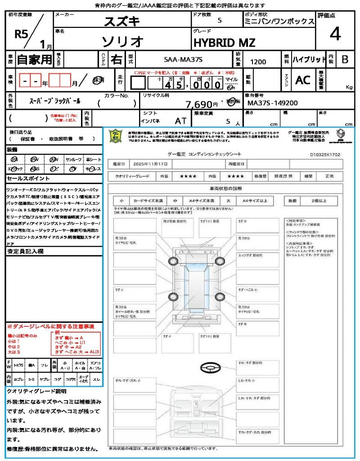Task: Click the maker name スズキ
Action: (x=122, y=21)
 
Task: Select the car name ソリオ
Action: (x=122, y=41)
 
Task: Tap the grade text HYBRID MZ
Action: (x=224, y=43)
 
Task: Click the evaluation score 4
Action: (x=335, y=34)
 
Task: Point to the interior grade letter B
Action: (x=345, y=59)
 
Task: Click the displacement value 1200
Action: (x=258, y=62)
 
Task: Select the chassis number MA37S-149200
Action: (x=273, y=103)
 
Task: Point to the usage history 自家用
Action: (x=35, y=59)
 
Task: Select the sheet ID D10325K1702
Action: (x=325, y=154)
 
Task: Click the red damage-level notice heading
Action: (x=50, y=326)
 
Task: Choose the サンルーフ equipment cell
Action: (x=73, y=159)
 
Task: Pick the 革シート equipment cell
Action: (x=94, y=159)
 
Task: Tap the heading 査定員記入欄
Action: (x=25, y=251)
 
